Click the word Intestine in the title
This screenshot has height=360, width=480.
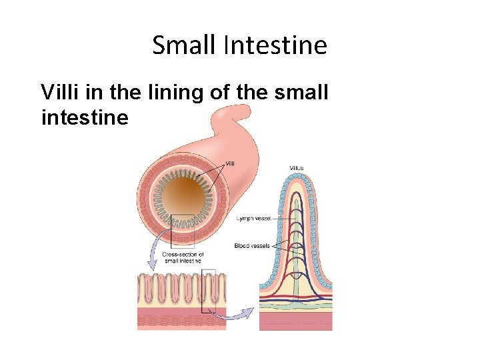(x=275, y=45)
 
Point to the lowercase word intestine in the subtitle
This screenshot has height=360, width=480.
(x=84, y=118)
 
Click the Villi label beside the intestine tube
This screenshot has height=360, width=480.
(x=229, y=163)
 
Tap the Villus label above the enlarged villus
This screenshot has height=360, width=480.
(x=297, y=167)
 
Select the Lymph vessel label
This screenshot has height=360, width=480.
(x=253, y=219)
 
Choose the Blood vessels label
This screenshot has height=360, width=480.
(x=252, y=245)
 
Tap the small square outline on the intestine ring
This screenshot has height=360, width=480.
(x=182, y=229)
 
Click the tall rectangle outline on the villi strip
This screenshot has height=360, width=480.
(x=209, y=291)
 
